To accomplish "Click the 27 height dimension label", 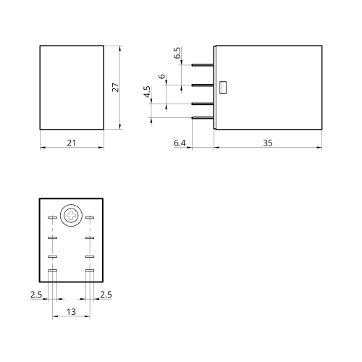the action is pos(116,88).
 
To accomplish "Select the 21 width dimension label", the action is pos(72,143).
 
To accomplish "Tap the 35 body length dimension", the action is pos(268,143).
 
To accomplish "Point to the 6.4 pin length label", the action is pos(180,143).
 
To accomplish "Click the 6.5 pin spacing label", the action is pos(177,53).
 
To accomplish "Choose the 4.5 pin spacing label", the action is pos(147,92).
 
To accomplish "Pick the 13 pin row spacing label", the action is pos(71,312).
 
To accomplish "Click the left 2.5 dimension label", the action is pos(36,295).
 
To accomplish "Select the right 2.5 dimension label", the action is pos(106,295).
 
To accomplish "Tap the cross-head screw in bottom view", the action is pos(71,215).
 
